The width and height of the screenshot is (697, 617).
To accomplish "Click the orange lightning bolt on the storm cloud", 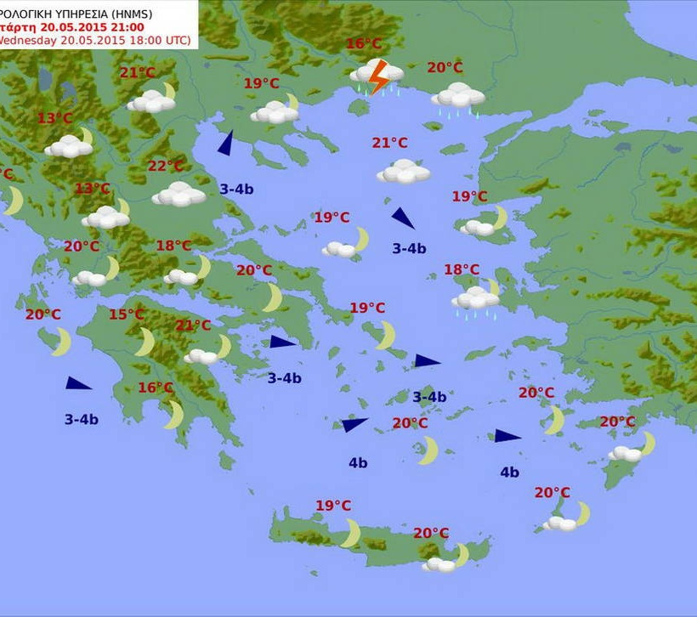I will [379, 75].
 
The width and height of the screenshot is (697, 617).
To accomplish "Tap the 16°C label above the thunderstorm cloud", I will [364, 44].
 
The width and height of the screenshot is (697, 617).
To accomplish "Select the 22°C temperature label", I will [165, 166].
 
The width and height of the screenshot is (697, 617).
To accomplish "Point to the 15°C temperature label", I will [126, 315].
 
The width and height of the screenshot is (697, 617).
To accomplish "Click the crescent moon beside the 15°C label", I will [145, 342].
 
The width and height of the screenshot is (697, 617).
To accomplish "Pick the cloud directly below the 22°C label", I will [178, 195].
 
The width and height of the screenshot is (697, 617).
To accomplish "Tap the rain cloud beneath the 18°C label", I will [476, 299].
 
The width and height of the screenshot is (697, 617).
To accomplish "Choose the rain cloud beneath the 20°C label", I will [458, 96].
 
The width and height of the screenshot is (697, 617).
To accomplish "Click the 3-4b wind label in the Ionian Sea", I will [81, 419].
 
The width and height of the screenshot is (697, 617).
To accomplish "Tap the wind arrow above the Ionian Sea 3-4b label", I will [78, 383].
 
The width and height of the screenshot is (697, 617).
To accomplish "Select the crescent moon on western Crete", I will [351, 533].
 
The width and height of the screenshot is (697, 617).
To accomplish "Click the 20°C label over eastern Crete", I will [431, 533].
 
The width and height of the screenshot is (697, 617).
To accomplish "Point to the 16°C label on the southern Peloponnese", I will [156, 388].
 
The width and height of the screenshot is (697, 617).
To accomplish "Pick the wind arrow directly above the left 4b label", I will [354, 424].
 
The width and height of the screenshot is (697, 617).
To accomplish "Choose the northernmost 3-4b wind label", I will [236, 189].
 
